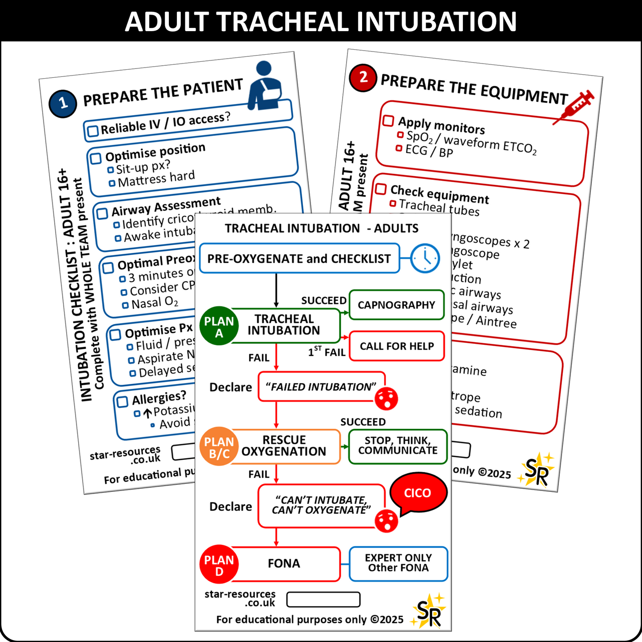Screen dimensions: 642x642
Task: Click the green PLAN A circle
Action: (219, 327)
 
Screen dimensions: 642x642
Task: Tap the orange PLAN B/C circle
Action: (219, 447)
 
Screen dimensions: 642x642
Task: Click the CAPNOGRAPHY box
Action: (396, 305)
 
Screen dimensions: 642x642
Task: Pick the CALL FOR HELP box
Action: (397, 346)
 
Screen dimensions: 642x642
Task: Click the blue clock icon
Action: (425, 258)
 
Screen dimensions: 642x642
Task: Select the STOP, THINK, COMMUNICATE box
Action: (398, 446)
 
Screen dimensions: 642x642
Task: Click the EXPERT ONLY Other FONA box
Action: (398, 563)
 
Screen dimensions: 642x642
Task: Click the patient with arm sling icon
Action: (265, 86)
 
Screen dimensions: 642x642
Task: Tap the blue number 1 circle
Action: (63, 104)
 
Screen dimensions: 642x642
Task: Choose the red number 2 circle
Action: (363, 77)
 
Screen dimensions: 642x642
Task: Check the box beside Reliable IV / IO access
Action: (93, 132)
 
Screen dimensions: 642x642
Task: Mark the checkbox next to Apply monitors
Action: (388, 120)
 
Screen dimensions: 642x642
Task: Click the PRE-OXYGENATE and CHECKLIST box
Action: (299, 258)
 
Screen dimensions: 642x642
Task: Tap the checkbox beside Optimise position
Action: (96, 159)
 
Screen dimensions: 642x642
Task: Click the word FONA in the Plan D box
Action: (284, 563)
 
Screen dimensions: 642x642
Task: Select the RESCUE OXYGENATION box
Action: (284, 446)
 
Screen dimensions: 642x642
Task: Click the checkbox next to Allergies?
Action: (122, 402)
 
